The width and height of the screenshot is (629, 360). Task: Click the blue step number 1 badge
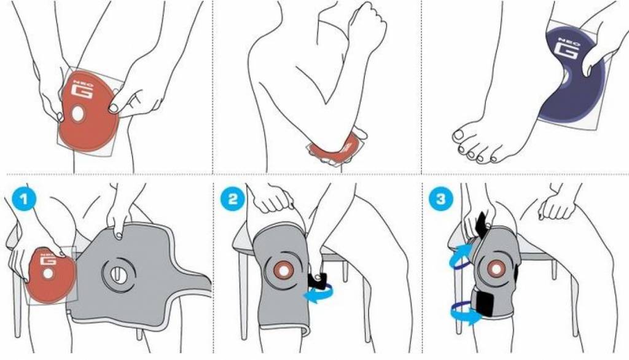(x=24, y=199)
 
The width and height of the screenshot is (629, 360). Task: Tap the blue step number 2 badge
(x=233, y=199)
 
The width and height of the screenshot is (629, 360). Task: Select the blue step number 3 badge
(x=441, y=199)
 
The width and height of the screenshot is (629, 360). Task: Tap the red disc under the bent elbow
(x=335, y=149)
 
